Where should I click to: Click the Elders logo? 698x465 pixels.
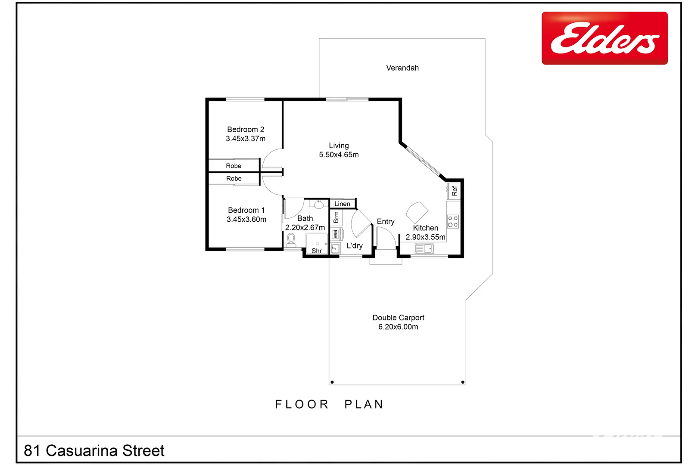604,38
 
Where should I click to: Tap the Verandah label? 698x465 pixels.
402,68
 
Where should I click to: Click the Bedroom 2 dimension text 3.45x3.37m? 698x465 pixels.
246,139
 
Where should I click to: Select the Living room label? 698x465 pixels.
339,146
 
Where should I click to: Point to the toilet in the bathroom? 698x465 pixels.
291,240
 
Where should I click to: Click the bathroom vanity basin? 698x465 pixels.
319,205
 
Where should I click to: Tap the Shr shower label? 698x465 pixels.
317,251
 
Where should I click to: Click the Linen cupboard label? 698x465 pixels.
342,204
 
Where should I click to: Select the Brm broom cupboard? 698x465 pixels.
336,217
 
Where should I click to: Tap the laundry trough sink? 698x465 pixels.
335,248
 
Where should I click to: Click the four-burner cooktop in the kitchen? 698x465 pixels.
452,221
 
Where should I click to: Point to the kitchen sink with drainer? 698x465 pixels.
424,248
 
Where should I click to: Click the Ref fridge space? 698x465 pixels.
454,191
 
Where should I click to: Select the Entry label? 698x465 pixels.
385,221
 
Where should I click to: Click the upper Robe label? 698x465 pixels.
234,166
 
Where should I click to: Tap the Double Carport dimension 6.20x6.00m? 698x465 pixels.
398,327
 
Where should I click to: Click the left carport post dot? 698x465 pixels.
332,382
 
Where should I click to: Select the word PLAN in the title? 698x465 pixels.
364,404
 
